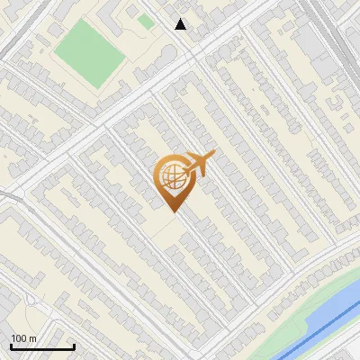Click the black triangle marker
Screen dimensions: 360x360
(x=181, y=24)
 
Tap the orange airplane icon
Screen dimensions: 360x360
(x=198, y=165)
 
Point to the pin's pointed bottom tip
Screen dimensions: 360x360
(x=172, y=211)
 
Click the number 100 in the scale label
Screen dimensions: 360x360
(x=18, y=338)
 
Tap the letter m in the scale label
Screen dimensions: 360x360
(x=32, y=338)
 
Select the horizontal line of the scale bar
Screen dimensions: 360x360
(x=42, y=346)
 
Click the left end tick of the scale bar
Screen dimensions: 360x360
(x=11, y=345)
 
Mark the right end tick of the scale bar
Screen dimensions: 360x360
(x=74, y=345)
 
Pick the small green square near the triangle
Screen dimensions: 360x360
(x=145, y=21)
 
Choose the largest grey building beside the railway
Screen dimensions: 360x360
(x=310, y=40)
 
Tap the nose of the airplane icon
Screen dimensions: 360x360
(x=214, y=155)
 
